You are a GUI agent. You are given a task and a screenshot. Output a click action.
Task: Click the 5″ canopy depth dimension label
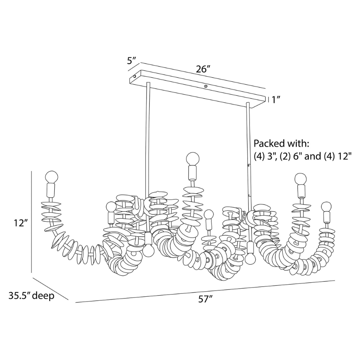tap(132, 60)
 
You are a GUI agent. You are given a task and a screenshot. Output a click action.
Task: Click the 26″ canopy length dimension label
tap(203, 69)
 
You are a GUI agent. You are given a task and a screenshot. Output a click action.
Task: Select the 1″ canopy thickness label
tap(276, 100)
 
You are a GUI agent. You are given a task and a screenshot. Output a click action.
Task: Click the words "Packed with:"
tap(282, 144)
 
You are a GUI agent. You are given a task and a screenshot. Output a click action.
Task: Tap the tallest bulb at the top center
tap(192, 158)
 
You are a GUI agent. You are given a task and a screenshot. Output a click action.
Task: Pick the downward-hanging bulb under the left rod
tap(148, 250)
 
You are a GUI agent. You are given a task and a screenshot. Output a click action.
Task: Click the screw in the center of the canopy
tap(206, 86)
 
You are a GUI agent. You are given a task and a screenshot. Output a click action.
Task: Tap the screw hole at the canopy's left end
tap(135, 76)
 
